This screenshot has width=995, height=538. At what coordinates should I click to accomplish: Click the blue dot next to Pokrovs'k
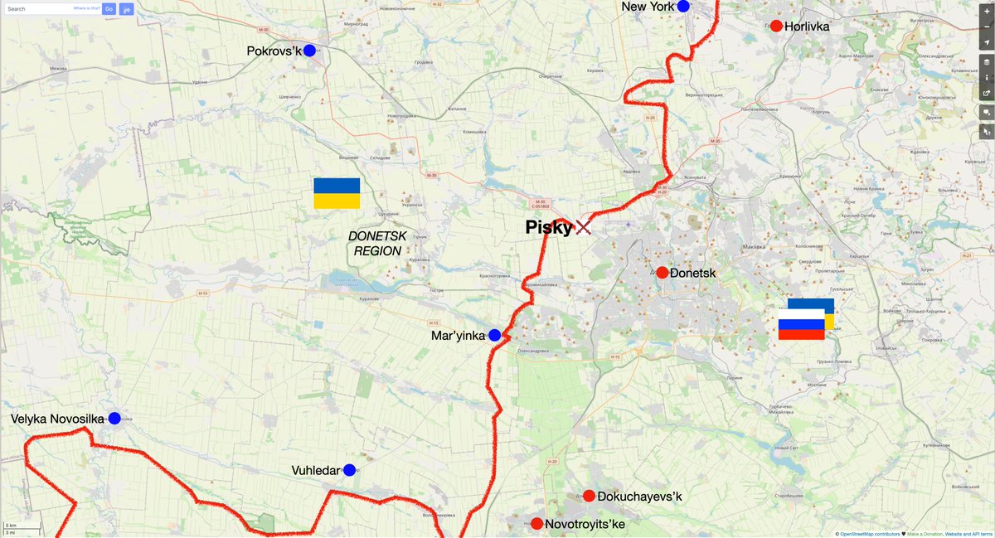pyautogui.click(x=309, y=51)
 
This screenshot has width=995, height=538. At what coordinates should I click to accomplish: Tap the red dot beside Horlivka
pyautogui.click(x=776, y=26)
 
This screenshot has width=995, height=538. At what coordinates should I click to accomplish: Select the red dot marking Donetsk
pyautogui.click(x=663, y=273)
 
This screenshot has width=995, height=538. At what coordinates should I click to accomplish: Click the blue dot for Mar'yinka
pyautogui.click(x=494, y=335)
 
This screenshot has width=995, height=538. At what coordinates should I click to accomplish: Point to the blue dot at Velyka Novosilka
pyautogui.click(x=114, y=419)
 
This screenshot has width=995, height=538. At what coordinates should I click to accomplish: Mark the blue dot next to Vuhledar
pyautogui.click(x=349, y=470)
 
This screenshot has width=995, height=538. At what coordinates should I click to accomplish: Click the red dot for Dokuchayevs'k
pyautogui.click(x=589, y=496)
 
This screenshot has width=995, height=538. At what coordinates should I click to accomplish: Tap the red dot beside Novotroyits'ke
pyautogui.click(x=536, y=524)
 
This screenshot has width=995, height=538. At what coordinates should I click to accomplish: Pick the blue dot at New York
pyautogui.click(x=683, y=7)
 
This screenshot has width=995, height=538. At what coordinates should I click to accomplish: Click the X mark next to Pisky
pyautogui.click(x=584, y=226)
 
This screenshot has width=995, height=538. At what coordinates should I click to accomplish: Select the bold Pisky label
pyautogui.click(x=548, y=227)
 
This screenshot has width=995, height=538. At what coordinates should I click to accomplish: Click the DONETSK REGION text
pyautogui.click(x=377, y=243)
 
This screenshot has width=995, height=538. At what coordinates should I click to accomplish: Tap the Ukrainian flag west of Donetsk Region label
pyautogui.click(x=337, y=193)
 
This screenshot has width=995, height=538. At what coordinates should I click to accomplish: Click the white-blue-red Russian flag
pyautogui.click(x=801, y=324)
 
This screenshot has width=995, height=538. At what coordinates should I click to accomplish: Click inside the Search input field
pyautogui.click(x=37, y=9)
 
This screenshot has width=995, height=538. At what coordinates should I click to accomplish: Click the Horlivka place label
pyautogui.click(x=807, y=27)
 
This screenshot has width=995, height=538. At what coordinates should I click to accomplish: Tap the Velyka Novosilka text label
pyautogui.click(x=57, y=419)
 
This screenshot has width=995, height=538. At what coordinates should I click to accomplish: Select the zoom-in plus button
pyautogui.click(x=986, y=12)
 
